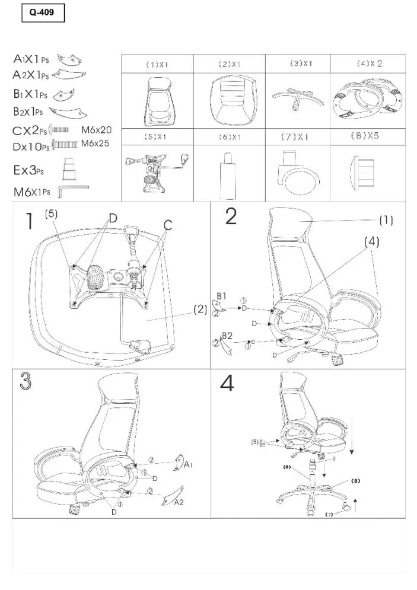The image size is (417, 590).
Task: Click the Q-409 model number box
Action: [42, 12]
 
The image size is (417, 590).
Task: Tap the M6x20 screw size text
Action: [96, 129]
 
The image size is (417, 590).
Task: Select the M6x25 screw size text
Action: [95, 143]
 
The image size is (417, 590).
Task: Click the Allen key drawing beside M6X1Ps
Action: [73, 189]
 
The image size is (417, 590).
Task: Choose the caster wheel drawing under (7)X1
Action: [295, 178]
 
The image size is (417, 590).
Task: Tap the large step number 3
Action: [26, 382]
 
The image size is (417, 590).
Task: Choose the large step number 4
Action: [227, 384]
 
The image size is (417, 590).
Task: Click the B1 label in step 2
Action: [222, 295]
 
